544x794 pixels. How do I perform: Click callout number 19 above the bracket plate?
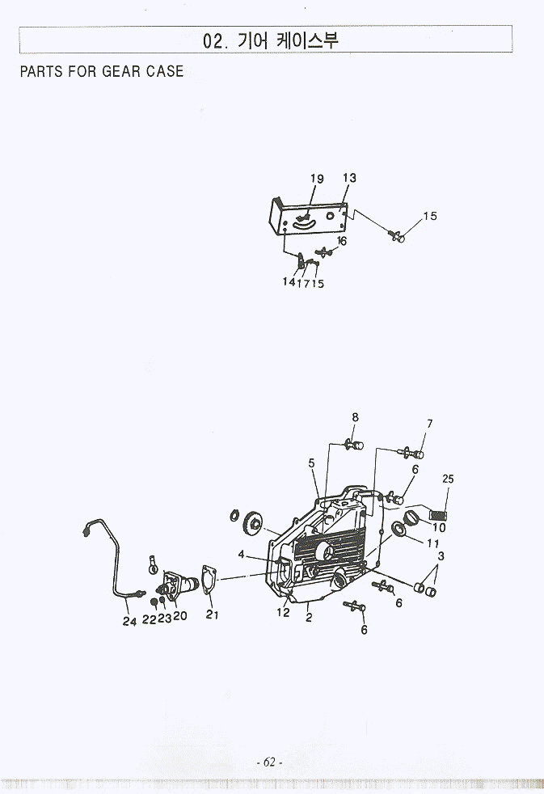(317, 179)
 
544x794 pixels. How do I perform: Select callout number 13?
(349, 178)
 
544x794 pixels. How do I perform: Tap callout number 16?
(342, 241)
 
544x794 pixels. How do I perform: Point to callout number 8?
(355, 417)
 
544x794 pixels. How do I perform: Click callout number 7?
(430, 424)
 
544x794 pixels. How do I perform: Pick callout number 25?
(448, 479)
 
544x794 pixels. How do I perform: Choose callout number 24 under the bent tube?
(129, 621)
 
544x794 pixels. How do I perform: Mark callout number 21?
(212, 615)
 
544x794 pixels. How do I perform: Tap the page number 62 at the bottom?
(270, 762)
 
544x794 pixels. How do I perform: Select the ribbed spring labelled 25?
(439, 515)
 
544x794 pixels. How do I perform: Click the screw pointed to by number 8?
(354, 446)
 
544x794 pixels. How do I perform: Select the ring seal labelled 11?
(399, 529)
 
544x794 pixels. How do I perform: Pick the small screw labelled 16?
(323, 251)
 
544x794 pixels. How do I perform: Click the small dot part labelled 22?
(154, 602)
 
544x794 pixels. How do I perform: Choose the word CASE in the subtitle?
(165, 71)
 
